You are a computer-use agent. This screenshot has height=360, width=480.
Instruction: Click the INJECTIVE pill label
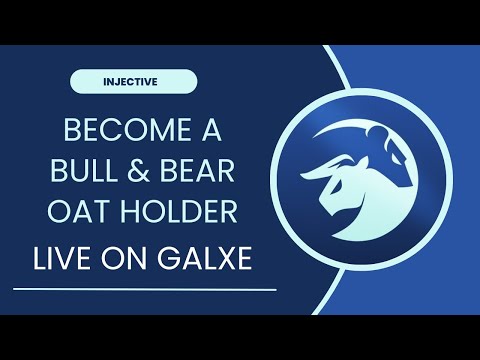coord(134,81)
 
